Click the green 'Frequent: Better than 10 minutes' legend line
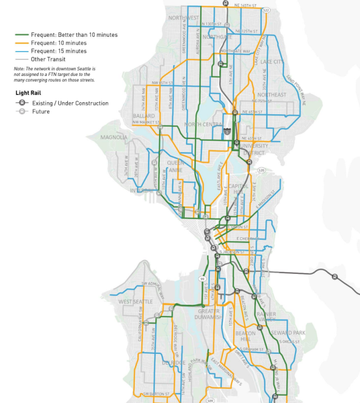pyautogui.click(x=22, y=35)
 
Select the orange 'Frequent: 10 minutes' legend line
pyautogui.click(x=22, y=43)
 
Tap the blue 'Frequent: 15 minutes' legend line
pyautogui.click(x=22, y=51)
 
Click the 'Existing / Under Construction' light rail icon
pyautogui.click(x=22, y=103)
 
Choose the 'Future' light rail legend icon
pyautogui.click(x=22, y=111)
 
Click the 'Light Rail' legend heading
pyautogui.click(x=27, y=94)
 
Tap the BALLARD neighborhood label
pyautogui.click(x=143, y=116)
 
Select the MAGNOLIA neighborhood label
pyautogui.click(x=114, y=137)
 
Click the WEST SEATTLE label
pyautogui.click(x=136, y=302)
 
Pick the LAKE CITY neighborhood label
pyautogui.click(x=272, y=62)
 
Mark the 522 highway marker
pyautogui.click(x=266, y=10)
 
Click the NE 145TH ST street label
pyautogui.click(x=245, y=5)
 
